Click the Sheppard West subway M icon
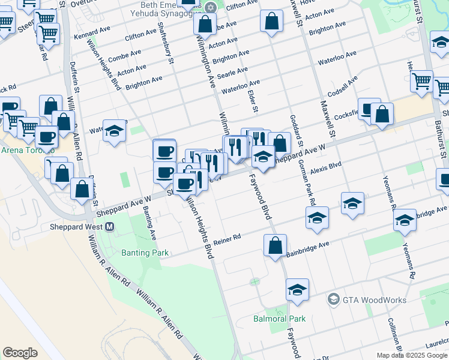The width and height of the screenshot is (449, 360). [110, 227]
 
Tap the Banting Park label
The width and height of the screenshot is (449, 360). [145, 253]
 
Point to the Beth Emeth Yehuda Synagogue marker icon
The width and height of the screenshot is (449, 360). [210, 8]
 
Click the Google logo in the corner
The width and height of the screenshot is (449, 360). [20, 353]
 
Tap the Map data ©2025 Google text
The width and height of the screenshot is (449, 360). [412, 355]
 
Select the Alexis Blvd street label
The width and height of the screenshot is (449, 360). [327, 166]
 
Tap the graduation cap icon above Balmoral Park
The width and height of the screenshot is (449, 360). [297, 290]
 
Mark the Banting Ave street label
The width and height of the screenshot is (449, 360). [149, 223]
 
